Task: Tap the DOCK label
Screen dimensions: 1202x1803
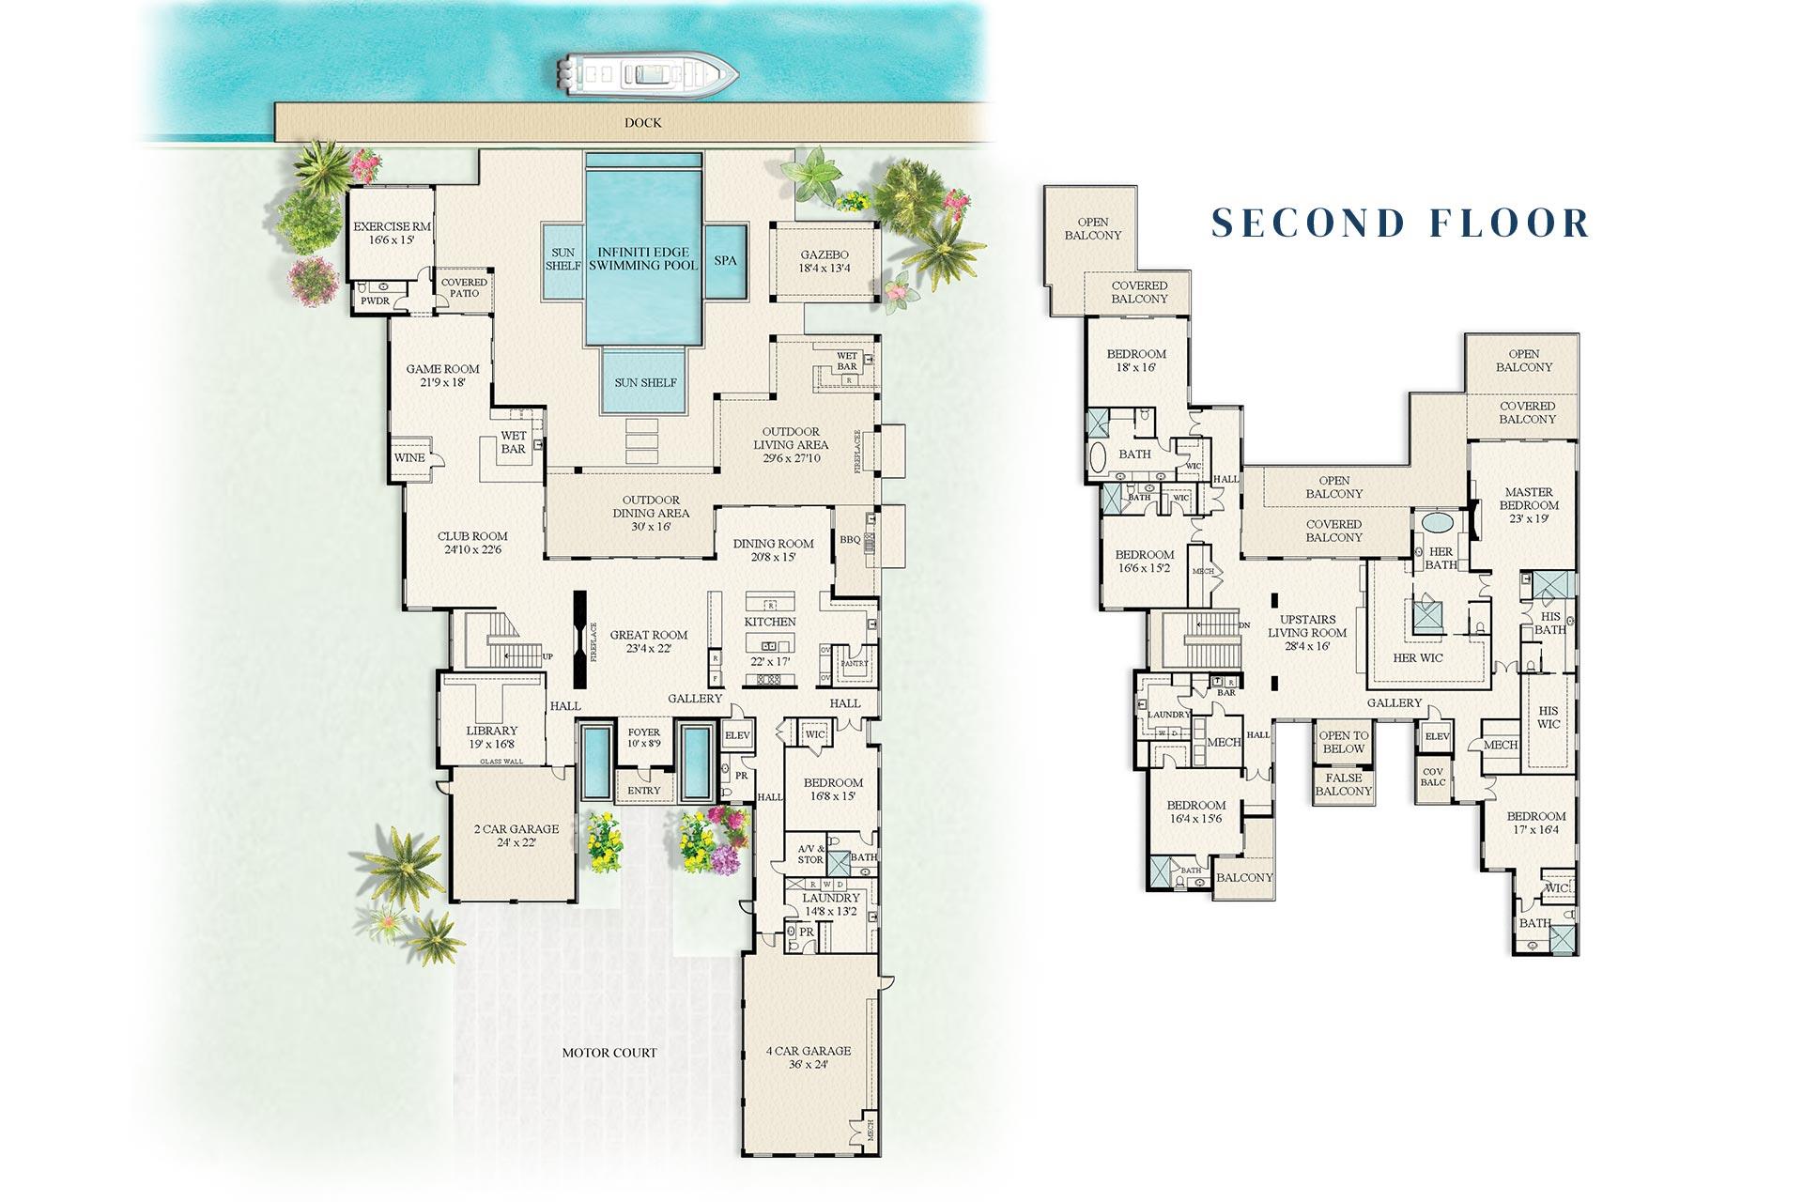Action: [x=642, y=123]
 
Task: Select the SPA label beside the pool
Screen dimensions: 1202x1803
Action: [x=726, y=260]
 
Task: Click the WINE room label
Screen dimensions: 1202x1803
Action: [x=409, y=457]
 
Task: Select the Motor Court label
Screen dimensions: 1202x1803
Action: [x=609, y=1053]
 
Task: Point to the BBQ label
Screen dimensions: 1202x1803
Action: [x=850, y=541]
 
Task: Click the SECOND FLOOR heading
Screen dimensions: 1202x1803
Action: [x=1401, y=223]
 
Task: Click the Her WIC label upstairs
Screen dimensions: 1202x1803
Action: [x=1418, y=657]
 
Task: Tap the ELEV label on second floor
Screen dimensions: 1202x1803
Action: [x=1437, y=737]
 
